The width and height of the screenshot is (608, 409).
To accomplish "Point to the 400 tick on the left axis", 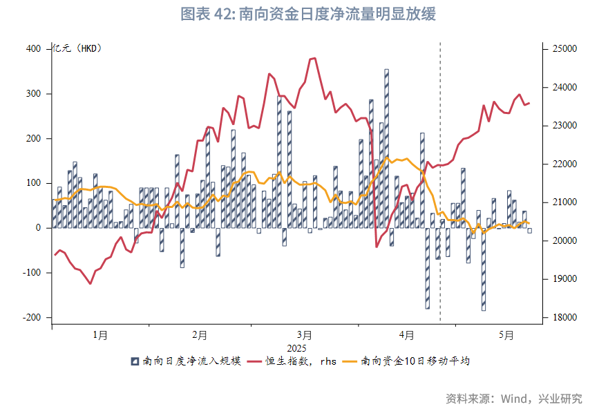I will click(33, 49).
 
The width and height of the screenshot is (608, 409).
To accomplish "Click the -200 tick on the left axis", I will click(31, 318).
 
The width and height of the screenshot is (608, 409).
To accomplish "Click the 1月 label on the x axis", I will click(101, 336).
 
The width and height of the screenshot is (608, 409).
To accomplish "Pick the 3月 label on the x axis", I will click(304, 336).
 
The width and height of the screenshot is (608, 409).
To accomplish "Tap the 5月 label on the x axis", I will click(508, 336).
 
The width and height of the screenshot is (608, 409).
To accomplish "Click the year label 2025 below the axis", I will click(296, 348).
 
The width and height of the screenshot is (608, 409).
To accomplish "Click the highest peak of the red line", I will click(314, 58).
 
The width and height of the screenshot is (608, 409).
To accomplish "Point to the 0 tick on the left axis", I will click(38, 228).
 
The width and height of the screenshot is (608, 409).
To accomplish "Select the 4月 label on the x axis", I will click(407, 336).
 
